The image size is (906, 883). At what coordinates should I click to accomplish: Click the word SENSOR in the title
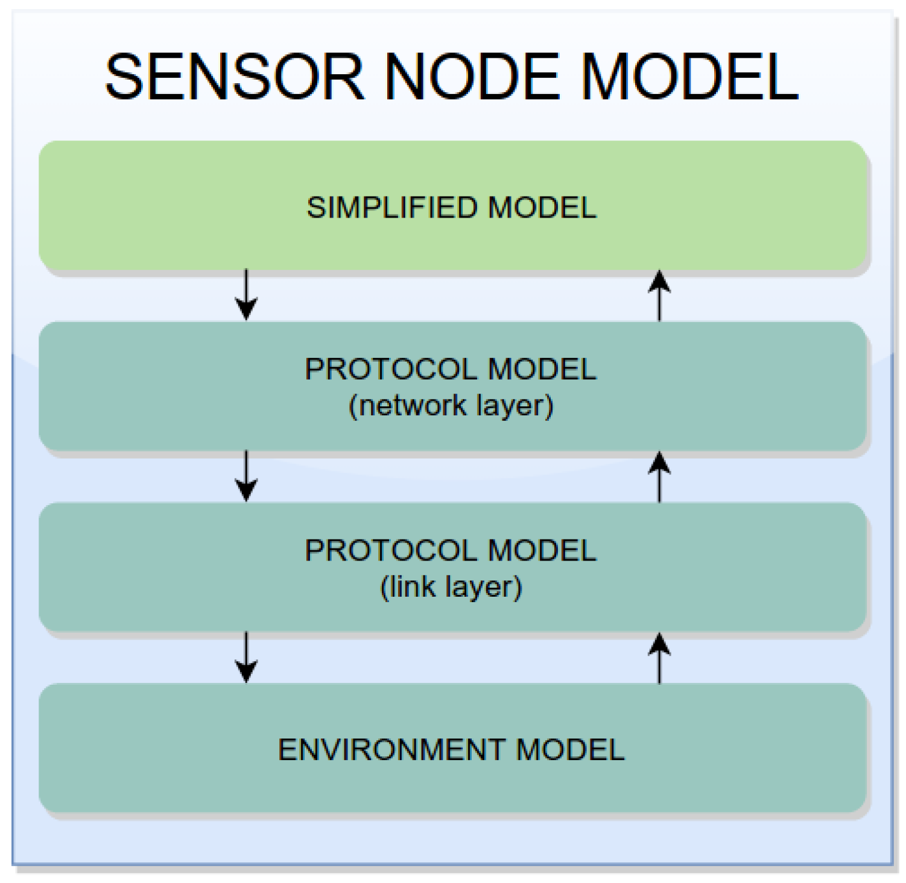(235, 77)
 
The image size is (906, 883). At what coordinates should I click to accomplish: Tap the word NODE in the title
(473, 77)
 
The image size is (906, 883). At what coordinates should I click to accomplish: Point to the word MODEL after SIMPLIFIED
(542, 208)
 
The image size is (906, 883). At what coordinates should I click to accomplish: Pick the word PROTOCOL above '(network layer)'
(392, 369)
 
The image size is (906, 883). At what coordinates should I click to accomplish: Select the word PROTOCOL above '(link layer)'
(392, 550)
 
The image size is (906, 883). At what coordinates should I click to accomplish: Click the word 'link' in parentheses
(411, 586)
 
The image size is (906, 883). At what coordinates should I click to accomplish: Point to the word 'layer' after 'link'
(484, 586)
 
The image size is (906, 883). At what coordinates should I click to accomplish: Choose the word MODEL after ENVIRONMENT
(571, 750)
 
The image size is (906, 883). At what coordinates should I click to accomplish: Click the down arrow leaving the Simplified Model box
(246, 295)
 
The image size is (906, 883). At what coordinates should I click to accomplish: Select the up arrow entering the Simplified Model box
(659, 295)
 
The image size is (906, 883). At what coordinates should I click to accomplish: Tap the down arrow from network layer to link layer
(246, 476)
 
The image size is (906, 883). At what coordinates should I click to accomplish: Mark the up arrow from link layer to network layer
(659, 476)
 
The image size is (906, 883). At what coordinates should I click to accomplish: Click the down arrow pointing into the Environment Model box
(246, 658)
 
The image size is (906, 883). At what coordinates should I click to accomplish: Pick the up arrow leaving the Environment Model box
(659, 658)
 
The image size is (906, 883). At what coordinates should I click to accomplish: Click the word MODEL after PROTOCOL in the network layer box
(542, 369)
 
